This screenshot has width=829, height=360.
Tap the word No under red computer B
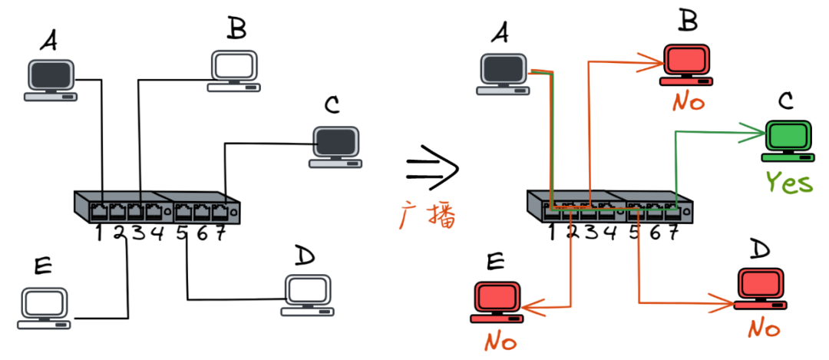pyautogui.click(x=689, y=101)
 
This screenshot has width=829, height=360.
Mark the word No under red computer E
pyautogui.click(x=500, y=340)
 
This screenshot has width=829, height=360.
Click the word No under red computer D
pyautogui.click(x=765, y=329)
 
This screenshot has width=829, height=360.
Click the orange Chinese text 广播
pyautogui.click(x=428, y=217)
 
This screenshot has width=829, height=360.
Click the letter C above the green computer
pyautogui.click(x=786, y=101)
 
